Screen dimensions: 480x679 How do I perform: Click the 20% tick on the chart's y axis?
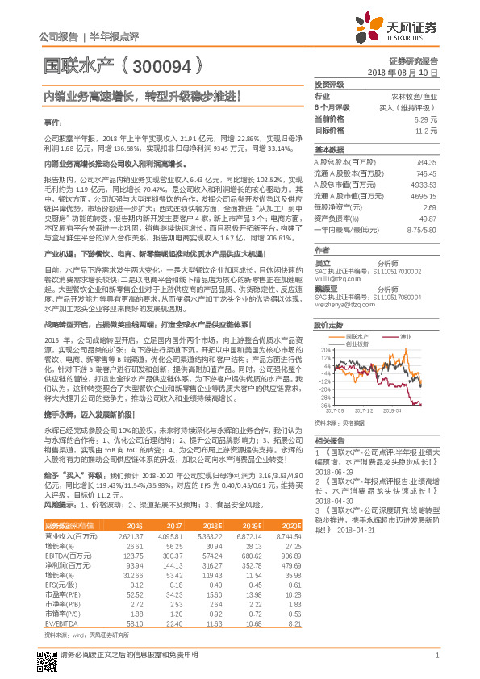(x=323, y=350)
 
